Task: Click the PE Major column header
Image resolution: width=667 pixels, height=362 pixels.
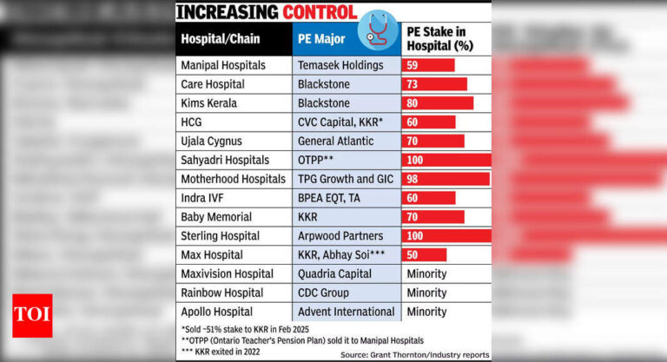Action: coord(322,39)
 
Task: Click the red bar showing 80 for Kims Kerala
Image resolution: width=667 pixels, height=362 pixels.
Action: coord(437,103)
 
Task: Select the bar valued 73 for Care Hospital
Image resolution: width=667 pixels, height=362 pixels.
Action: coord(434,84)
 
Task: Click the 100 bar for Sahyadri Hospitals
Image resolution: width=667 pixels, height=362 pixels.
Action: coord(446,160)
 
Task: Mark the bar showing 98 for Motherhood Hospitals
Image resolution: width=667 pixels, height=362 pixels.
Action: coord(446,179)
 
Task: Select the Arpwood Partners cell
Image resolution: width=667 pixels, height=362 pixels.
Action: coord(340,235)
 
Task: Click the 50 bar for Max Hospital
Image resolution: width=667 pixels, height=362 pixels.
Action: coord(424,254)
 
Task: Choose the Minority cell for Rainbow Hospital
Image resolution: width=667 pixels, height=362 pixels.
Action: coord(426,293)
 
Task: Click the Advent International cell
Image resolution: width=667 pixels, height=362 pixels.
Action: coord(346,312)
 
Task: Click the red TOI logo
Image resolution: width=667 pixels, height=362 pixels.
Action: coord(32,315)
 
